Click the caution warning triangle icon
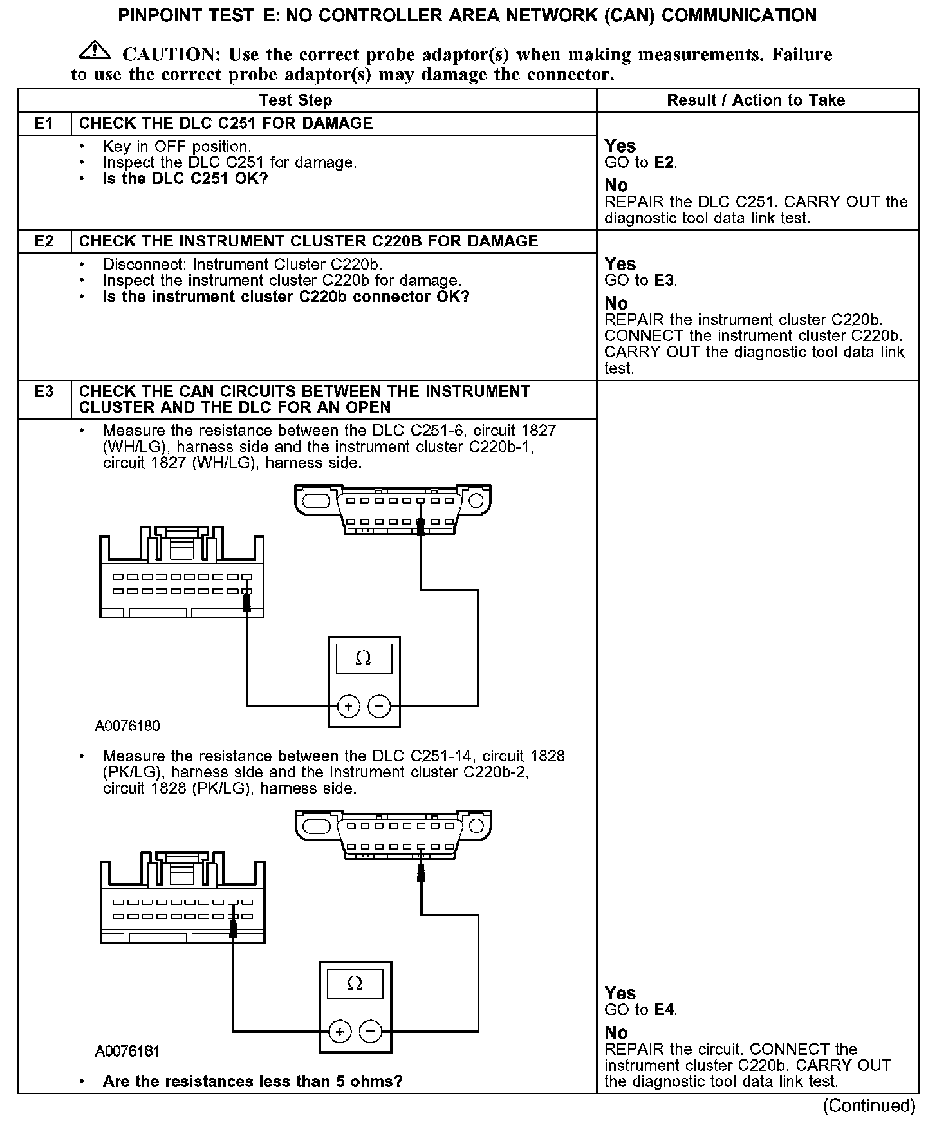pyautogui.click(x=94, y=50)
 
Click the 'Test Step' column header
pyautogui.click(x=295, y=100)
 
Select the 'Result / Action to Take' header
pyautogui.click(x=756, y=100)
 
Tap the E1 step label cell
pyautogui.click(x=44, y=124)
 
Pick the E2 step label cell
pyautogui.click(x=44, y=241)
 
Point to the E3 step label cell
pyautogui.click(x=44, y=392)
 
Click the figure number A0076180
pyautogui.click(x=127, y=726)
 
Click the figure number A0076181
pyautogui.click(x=127, y=1052)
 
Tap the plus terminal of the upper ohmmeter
pyautogui.click(x=348, y=707)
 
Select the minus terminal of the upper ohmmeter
pyautogui.click(x=379, y=707)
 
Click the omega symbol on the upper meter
pyautogui.click(x=363, y=658)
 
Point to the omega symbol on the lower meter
pyautogui.click(x=355, y=983)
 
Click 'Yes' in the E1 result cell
pyautogui.click(x=620, y=146)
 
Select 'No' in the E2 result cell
pyautogui.click(x=616, y=303)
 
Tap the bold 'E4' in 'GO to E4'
pyautogui.click(x=664, y=1010)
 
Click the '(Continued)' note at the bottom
pyautogui.click(x=869, y=1106)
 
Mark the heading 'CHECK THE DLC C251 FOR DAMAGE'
pyautogui.click(x=226, y=124)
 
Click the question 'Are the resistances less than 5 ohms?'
pyautogui.click(x=252, y=1081)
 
